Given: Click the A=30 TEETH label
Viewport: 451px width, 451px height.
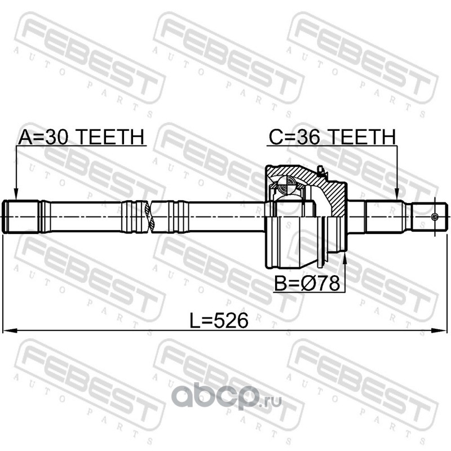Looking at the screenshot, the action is point(81,136).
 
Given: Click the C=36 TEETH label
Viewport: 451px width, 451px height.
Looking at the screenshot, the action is point(333,136).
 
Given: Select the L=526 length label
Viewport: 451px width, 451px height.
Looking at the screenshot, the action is point(219,321).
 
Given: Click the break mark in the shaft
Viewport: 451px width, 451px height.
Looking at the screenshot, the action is point(150,216).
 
